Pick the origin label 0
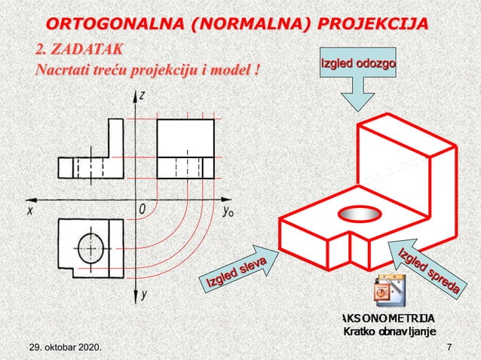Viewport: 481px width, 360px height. [x=141, y=208]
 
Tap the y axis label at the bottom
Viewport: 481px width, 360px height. [x=143, y=296]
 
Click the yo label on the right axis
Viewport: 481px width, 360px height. [x=228, y=212]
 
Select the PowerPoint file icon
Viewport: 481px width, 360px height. [x=388, y=294]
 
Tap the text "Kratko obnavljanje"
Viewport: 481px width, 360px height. [x=388, y=333]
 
